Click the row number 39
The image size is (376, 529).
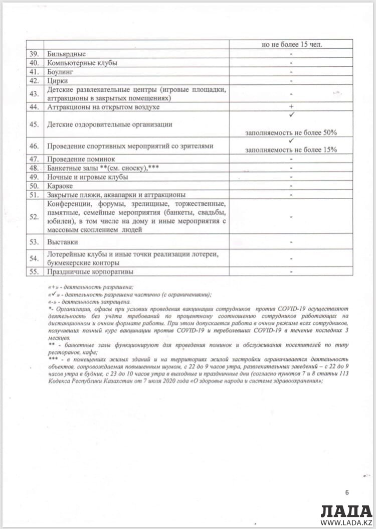[x=34, y=54]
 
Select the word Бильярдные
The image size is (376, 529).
[x=66, y=54]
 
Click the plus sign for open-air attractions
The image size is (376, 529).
[x=291, y=107]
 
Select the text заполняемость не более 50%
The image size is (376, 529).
[x=291, y=133]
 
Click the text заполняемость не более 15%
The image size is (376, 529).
[x=291, y=150]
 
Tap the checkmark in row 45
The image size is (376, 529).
[x=291, y=115]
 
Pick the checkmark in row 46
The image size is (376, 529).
[x=291, y=141]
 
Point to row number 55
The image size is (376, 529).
[x=34, y=272]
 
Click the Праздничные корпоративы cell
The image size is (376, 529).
[x=90, y=272]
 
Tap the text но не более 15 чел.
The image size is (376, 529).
[x=291, y=44]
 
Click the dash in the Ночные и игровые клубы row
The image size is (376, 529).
[x=291, y=177]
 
